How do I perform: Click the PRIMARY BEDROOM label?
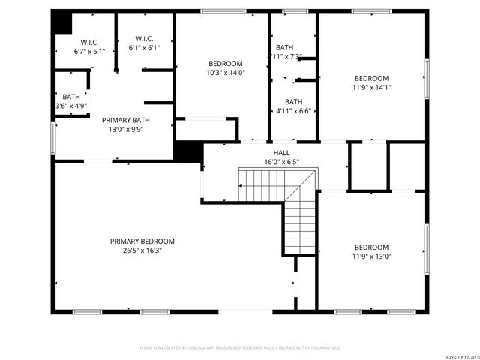pyautogui.click(x=142, y=241)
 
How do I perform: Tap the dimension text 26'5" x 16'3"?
pyautogui.click(x=142, y=250)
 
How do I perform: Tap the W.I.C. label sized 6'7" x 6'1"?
pyautogui.click(x=89, y=42)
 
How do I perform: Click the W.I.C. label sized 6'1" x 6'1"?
pyautogui.click(x=144, y=38)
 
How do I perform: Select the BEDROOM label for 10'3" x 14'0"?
pyautogui.click(x=226, y=63)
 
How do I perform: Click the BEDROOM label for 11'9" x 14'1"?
pyautogui.click(x=371, y=78)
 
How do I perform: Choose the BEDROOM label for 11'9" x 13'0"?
pyautogui.click(x=371, y=247)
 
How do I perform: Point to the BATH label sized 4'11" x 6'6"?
pyautogui.click(x=293, y=102)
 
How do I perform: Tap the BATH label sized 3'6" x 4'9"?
pyautogui.click(x=71, y=97)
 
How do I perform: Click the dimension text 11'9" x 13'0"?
pyautogui.click(x=371, y=256)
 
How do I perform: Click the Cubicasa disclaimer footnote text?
pyautogui.click(x=240, y=347)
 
